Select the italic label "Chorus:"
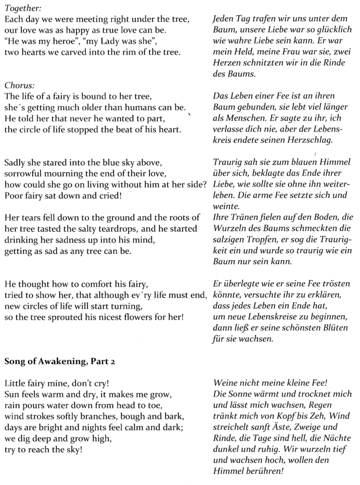16,85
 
